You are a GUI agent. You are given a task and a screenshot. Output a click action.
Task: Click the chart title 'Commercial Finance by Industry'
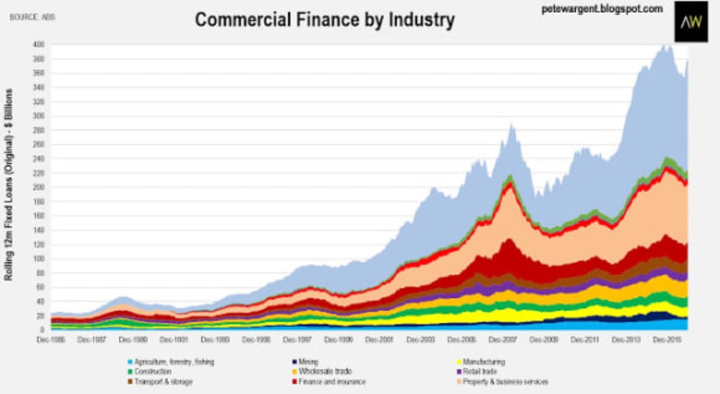point(325,20)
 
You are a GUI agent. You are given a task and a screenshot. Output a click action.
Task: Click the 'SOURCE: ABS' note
point(32,17)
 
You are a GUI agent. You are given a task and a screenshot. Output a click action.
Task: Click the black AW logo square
point(691,22)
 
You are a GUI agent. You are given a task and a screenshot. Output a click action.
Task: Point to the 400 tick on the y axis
point(38,45)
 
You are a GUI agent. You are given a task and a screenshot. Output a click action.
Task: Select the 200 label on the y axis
point(38,187)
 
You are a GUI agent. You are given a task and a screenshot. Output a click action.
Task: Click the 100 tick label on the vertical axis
point(38,259)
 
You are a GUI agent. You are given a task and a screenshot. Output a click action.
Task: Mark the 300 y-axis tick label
point(38,116)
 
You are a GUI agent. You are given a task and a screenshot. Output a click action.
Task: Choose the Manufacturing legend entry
point(482,362)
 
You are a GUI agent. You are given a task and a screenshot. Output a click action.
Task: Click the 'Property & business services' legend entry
point(502,382)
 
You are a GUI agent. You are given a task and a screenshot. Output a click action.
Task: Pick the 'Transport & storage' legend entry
point(162,382)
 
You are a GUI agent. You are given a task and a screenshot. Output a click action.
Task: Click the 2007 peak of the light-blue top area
point(511,125)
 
